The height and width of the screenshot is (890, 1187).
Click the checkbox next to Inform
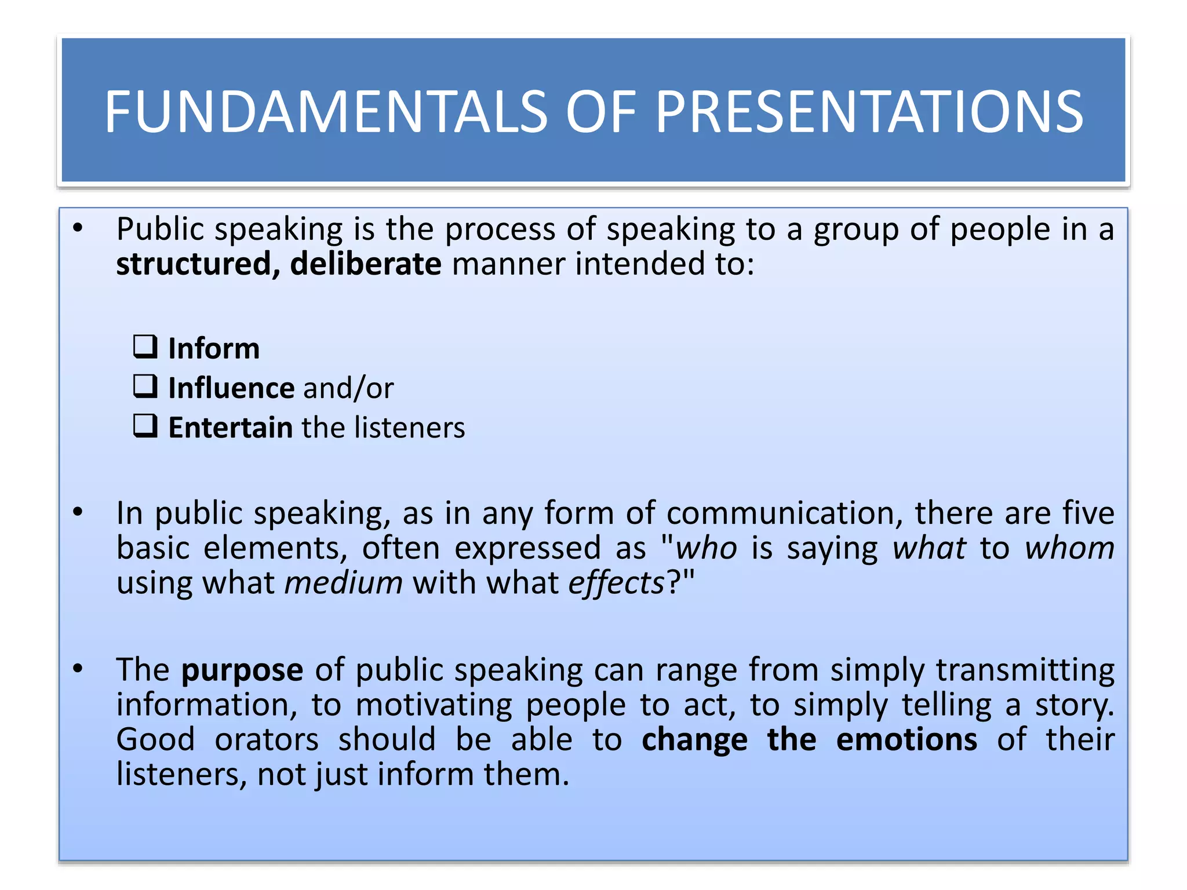pyautogui.click(x=145, y=347)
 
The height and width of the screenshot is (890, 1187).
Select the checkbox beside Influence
pyautogui.click(x=145, y=386)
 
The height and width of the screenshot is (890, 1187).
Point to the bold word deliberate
pyautogui.click(x=366, y=264)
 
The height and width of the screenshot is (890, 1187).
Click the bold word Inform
pyautogui.click(x=214, y=349)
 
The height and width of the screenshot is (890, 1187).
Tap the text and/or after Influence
pyautogui.click(x=348, y=388)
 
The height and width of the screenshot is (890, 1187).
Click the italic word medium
pyautogui.click(x=343, y=583)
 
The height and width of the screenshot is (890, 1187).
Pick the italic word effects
pyautogui.click(x=616, y=583)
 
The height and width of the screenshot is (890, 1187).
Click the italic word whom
pyautogui.click(x=1069, y=548)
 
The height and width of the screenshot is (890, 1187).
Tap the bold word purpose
pyautogui.click(x=242, y=671)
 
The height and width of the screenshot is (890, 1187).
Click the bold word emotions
pyautogui.click(x=906, y=740)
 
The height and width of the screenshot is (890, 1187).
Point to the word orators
pyautogui.click(x=267, y=740)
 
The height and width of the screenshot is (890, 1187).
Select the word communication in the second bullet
pyautogui.click(x=784, y=513)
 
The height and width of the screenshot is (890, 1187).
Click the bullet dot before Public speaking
pyautogui.click(x=78, y=228)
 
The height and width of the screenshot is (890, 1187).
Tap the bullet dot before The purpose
pyautogui.click(x=78, y=669)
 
